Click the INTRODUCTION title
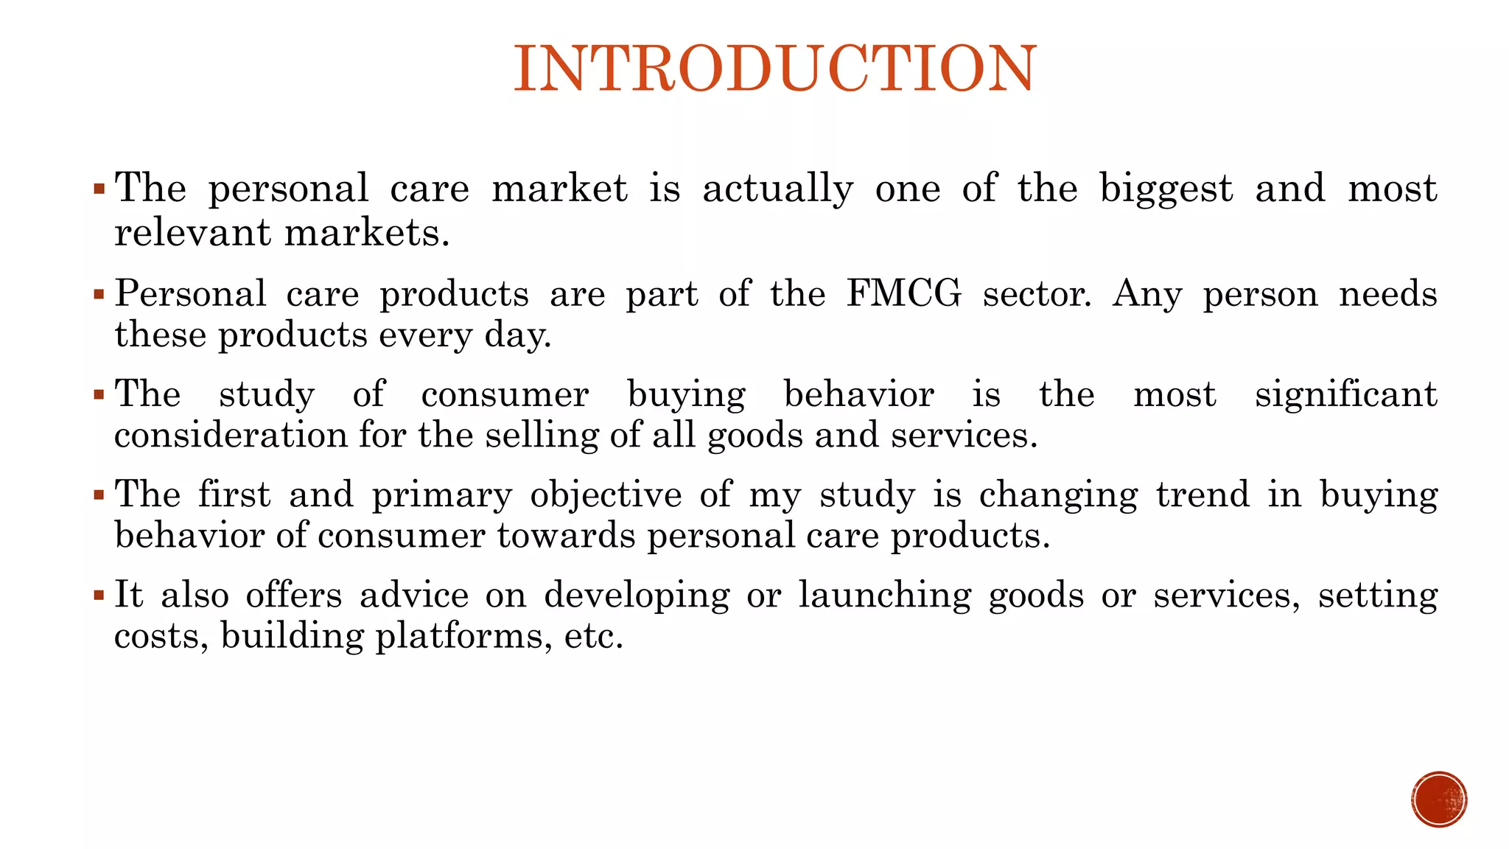[775, 69]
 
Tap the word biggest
[1166, 189]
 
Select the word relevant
[193, 233]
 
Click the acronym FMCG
[904, 293]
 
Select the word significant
[1345, 395]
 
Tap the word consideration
[231, 435]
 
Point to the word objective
[606, 495]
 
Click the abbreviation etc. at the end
[593, 636]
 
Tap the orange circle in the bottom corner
[1439, 800]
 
